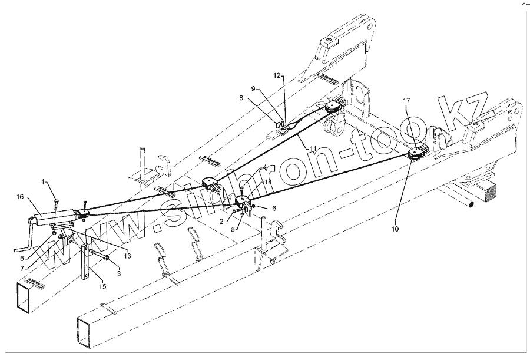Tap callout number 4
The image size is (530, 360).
[x=265, y=167]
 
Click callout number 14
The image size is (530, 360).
[x=269, y=183]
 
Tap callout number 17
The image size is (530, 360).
[x=406, y=101]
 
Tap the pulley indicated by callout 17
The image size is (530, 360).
[x=416, y=154]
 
